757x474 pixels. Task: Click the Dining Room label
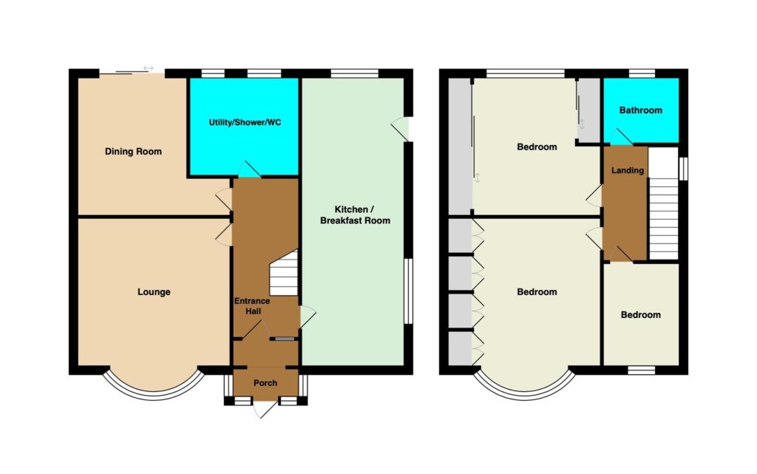[x=133, y=152]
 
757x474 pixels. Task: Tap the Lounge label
[x=154, y=292]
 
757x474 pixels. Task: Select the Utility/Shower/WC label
[x=245, y=123]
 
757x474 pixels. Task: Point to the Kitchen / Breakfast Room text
[x=356, y=214]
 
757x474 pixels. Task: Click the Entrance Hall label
[x=252, y=306]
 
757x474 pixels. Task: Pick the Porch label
[x=265, y=383]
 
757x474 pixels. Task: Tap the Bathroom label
[x=641, y=110]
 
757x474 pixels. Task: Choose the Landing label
[x=628, y=170]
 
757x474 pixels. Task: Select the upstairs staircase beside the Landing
[x=664, y=203]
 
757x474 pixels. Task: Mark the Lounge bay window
[x=154, y=394]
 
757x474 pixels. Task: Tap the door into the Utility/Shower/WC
[x=248, y=169]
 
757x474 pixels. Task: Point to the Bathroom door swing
[x=621, y=137]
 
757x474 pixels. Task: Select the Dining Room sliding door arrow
[x=148, y=69]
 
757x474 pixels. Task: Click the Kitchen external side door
[x=401, y=129]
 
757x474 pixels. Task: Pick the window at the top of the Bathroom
[x=642, y=73]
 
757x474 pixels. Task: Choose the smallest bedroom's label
[x=641, y=315]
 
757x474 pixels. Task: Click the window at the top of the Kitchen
[x=355, y=73]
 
